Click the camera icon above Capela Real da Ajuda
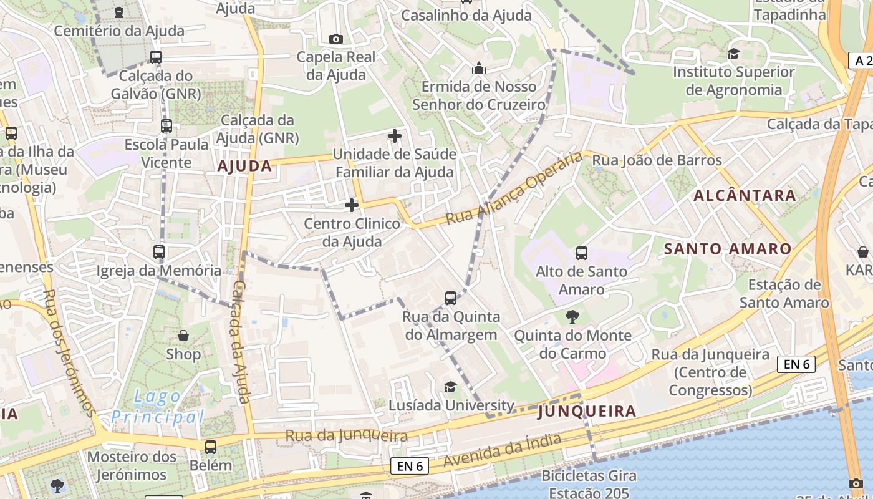click(336, 39)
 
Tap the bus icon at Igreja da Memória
click(159, 252)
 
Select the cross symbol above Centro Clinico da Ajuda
click(352, 205)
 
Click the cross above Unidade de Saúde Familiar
click(395, 135)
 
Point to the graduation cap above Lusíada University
click(450, 387)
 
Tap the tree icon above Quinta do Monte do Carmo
click(572, 317)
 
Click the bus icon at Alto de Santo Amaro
click(582, 253)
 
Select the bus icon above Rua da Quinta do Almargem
click(451, 298)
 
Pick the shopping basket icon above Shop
click(183, 336)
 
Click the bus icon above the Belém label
click(211, 447)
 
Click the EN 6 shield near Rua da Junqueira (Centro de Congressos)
click(796, 364)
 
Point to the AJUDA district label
click(244, 166)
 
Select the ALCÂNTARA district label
click(745, 195)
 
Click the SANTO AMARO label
click(727, 249)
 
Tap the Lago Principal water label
click(158, 407)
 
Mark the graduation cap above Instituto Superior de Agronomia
click(733, 54)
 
